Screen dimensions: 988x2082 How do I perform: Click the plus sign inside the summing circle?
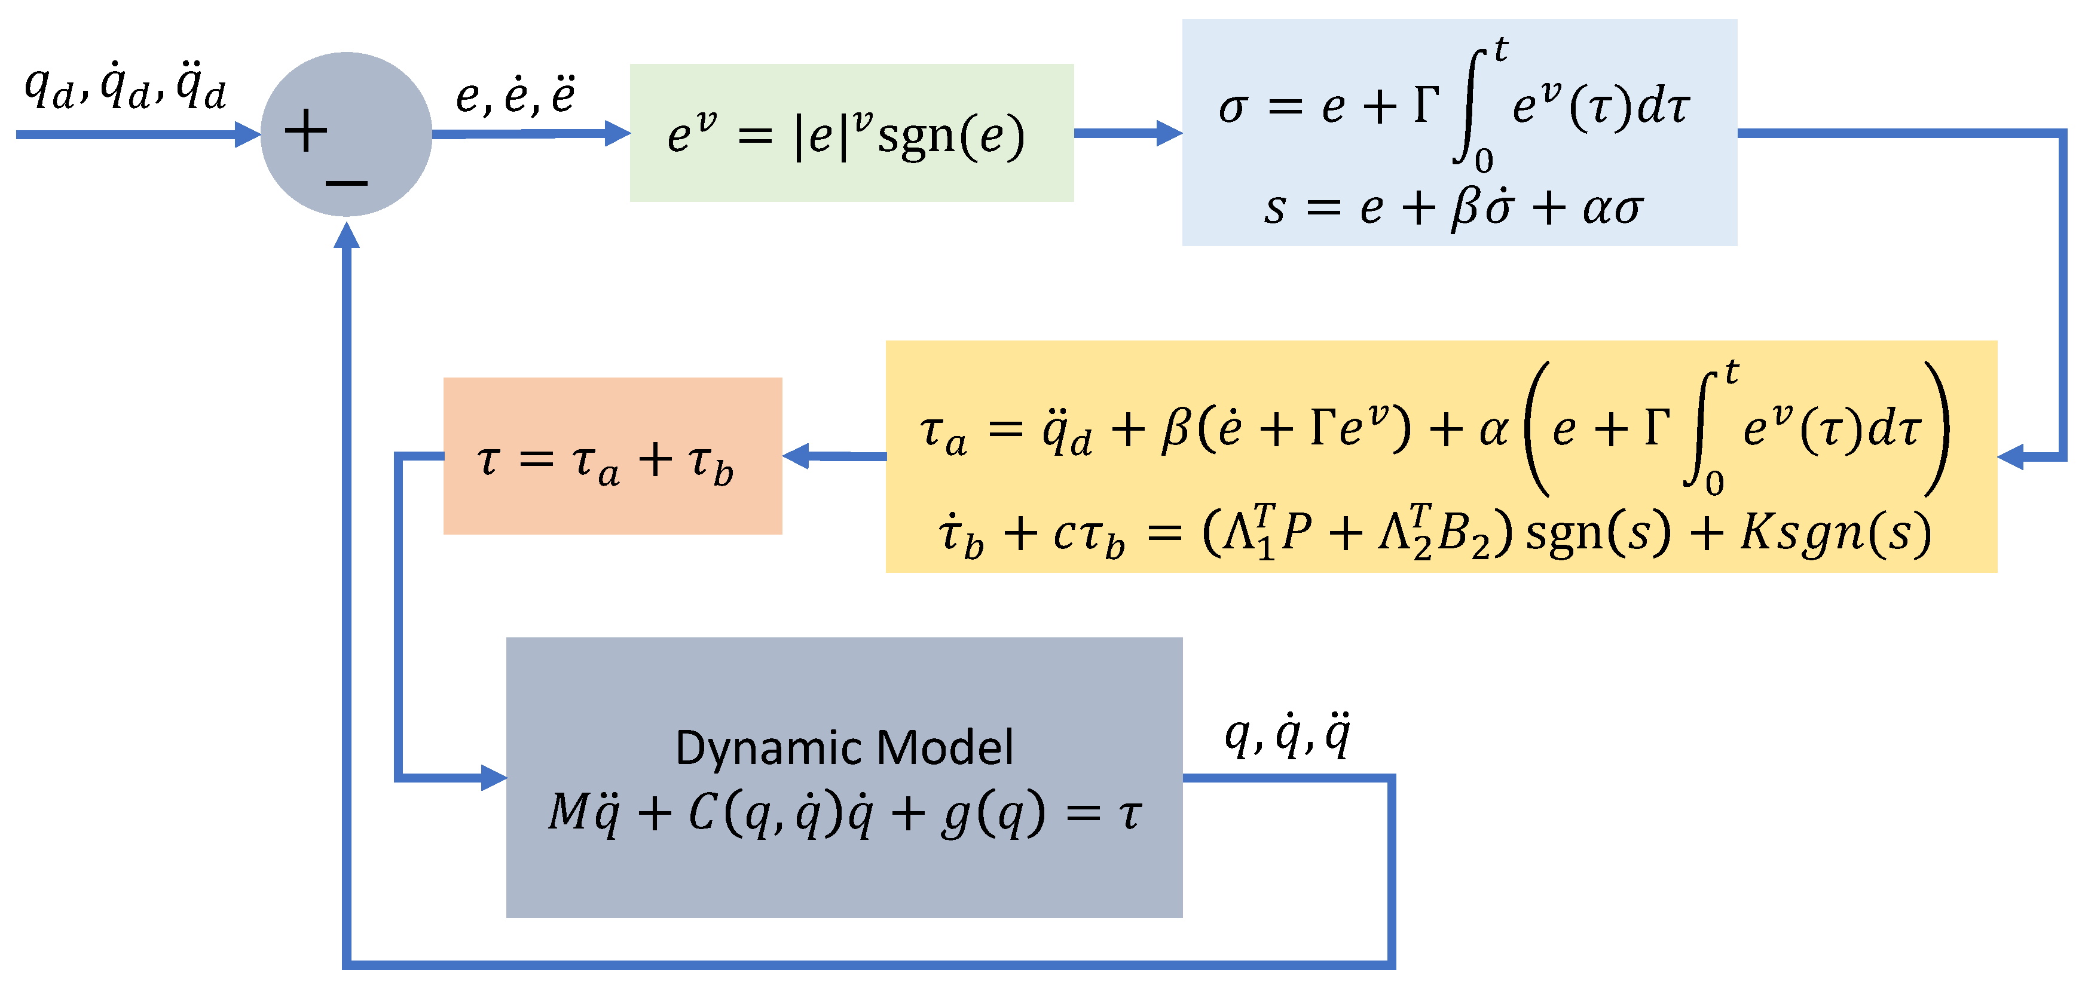coord(305,131)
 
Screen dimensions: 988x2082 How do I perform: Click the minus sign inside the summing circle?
coord(347,183)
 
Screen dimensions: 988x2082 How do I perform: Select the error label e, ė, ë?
coord(515,96)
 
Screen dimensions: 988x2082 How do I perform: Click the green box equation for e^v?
coord(846,135)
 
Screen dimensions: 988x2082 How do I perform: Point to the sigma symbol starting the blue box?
coord(1232,108)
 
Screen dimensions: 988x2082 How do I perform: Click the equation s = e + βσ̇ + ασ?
coord(1453,208)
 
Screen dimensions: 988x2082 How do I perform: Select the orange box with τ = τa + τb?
coord(612,456)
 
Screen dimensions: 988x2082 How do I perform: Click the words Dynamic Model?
coord(844,747)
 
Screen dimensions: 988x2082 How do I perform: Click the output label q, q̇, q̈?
coord(1288,735)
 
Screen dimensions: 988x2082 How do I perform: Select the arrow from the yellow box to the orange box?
coord(833,456)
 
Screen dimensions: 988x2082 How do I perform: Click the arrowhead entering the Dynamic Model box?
coord(493,778)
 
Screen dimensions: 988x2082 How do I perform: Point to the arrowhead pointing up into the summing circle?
coord(346,236)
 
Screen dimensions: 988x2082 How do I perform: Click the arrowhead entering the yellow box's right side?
coord(2011,456)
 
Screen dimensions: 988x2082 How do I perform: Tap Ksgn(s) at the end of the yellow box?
coord(1835,534)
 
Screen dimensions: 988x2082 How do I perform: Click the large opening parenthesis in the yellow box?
coord(1536,428)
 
